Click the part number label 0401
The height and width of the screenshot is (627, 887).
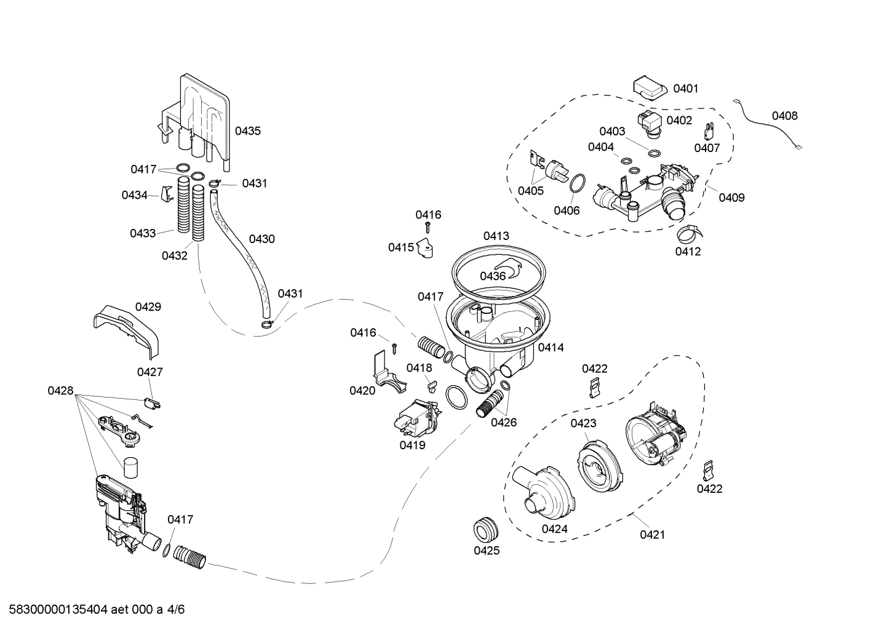tap(685, 89)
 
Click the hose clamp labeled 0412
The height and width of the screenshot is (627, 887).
tap(689, 233)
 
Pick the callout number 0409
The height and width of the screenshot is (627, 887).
tap(731, 198)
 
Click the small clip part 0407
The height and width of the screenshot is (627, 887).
tap(709, 131)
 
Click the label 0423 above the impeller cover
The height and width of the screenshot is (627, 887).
tap(583, 423)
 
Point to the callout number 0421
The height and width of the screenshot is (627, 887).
tap(652, 535)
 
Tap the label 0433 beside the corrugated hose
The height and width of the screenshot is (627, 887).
tap(143, 233)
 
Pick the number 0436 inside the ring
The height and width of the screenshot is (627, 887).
tap(493, 276)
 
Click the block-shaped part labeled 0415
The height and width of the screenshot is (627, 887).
tap(424, 247)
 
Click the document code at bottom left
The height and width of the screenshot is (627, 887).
tap(92, 610)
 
